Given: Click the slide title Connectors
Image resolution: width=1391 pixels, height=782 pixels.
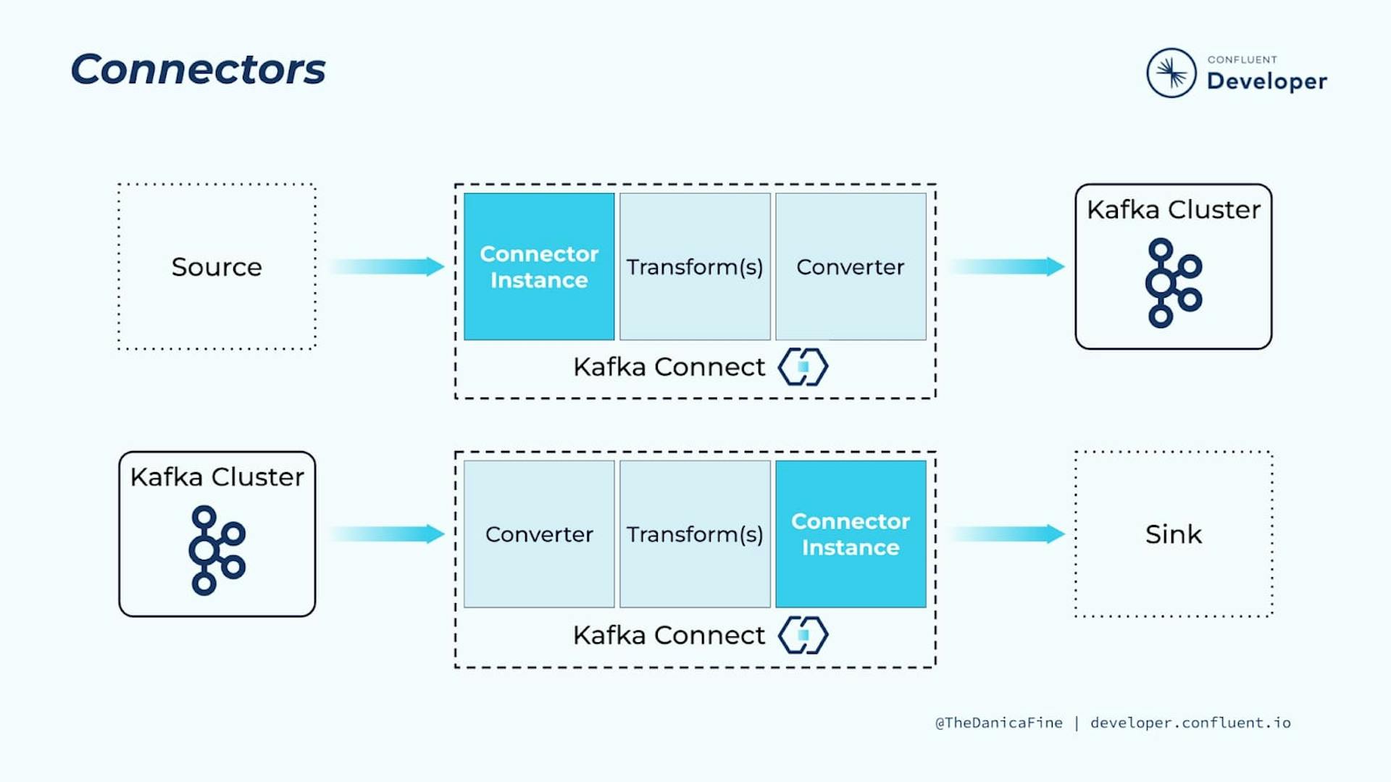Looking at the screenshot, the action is click(x=198, y=70).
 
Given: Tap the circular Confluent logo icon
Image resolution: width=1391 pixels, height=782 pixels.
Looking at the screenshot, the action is click(x=1171, y=73).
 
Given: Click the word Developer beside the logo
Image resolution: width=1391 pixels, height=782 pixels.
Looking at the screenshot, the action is click(x=1267, y=81).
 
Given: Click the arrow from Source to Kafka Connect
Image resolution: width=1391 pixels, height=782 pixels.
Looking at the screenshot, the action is click(x=387, y=266).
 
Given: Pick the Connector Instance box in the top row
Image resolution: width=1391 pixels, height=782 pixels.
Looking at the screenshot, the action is click(x=539, y=266).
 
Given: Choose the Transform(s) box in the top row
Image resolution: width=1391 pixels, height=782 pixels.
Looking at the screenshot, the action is click(x=695, y=266).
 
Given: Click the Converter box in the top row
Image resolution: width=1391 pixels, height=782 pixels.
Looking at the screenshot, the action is click(x=851, y=266).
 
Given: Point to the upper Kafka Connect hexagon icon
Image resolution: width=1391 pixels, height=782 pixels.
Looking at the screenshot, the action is click(x=803, y=366).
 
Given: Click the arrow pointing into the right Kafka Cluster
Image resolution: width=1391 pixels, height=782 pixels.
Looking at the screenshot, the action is click(x=1007, y=266).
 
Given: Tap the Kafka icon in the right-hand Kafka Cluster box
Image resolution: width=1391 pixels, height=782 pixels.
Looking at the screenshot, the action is click(x=1174, y=283).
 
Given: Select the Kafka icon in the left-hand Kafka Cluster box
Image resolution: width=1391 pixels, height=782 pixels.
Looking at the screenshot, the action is click(x=217, y=550).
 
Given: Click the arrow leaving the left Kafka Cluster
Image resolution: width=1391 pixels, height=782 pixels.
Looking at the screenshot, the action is click(x=387, y=534).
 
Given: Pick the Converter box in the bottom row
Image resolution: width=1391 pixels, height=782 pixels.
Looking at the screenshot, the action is click(x=539, y=534).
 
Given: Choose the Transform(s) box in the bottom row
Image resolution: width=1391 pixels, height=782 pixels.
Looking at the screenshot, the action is click(x=695, y=534).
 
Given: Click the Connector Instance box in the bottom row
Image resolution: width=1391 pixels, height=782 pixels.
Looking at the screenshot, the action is click(x=851, y=534).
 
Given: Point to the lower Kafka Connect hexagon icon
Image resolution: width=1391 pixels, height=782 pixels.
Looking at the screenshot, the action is click(x=803, y=635).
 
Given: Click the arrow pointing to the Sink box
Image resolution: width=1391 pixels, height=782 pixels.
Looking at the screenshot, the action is click(x=1007, y=534).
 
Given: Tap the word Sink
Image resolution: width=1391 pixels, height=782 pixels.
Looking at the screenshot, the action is click(x=1174, y=534).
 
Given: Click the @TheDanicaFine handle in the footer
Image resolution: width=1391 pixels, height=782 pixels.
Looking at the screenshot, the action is click(x=999, y=723).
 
